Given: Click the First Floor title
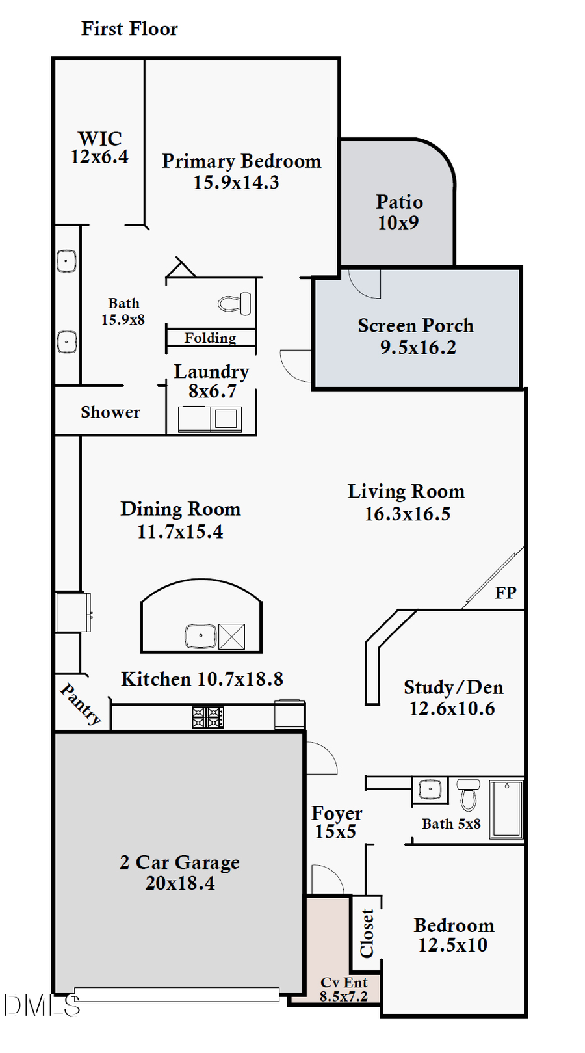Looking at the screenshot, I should click(129, 29).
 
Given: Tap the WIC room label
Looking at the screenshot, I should click(99, 139).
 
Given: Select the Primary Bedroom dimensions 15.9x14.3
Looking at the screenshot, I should click(236, 183).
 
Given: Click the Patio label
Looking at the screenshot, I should click(399, 202).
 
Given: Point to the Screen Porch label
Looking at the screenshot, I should click(415, 326).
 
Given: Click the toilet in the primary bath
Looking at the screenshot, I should click(235, 304).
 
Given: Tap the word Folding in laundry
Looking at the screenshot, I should click(210, 338).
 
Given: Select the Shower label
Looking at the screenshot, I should click(110, 412).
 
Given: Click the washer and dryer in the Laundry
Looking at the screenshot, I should click(210, 419).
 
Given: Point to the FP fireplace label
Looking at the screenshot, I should click(505, 593).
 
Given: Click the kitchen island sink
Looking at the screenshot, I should click(201, 635).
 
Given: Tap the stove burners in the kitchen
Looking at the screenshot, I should click(208, 717).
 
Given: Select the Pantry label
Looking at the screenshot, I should click(81, 704).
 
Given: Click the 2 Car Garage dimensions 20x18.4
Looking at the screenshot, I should click(180, 883).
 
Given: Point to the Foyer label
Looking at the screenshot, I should click(336, 814).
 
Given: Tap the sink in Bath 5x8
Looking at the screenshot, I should click(430, 790).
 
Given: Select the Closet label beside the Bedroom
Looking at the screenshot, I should click(367, 933).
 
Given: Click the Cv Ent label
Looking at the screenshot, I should click(344, 982).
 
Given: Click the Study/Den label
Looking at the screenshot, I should click(453, 687).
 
